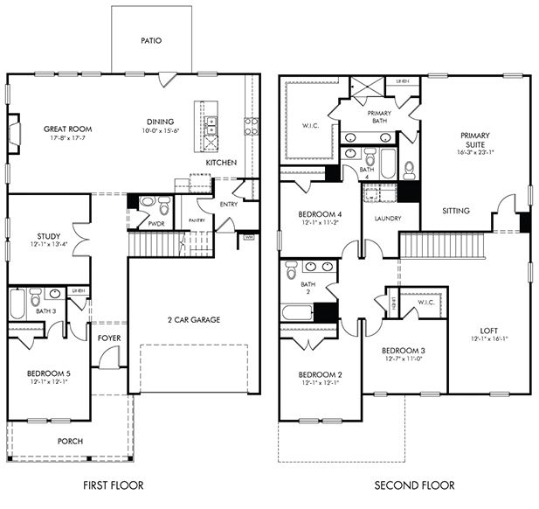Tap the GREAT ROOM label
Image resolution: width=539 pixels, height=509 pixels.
click(67, 129)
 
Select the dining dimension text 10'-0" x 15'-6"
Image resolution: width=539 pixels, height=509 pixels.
click(160, 130)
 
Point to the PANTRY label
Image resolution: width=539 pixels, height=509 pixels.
click(197, 220)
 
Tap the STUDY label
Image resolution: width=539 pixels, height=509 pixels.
click(48, 236)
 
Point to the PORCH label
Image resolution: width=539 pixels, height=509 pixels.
click(70, 441)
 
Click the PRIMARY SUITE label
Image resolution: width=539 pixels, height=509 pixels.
click(475, 141)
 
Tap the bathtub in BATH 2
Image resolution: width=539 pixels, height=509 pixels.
click(295, 310)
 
